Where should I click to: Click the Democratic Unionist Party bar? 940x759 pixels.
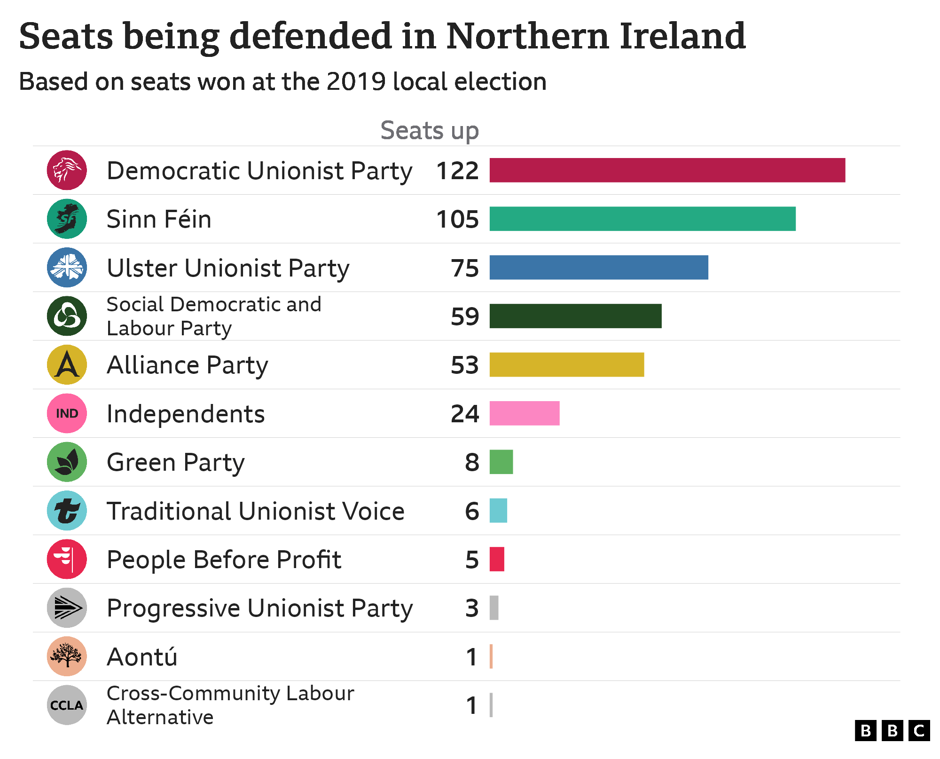(x=667, y=170)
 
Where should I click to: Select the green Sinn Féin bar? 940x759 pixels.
(x=642, y=219)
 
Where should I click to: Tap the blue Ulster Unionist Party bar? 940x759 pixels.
(x=598, y=268)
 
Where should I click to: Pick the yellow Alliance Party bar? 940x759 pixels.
(x=566, y=364)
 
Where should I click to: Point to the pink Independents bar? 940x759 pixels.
(x=524, y=413)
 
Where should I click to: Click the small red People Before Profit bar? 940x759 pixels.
(x=497, y=559)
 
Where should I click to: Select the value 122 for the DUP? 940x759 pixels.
(x=457, y=171)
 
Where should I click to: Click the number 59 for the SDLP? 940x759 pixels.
(x=464, y=316)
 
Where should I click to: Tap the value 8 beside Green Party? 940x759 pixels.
(x=472, y=462)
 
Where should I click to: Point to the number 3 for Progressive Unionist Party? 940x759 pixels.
(x=472, y=608)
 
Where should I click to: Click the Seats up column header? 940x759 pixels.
(x=429, y=130)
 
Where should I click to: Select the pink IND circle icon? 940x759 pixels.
(x=67, y=413)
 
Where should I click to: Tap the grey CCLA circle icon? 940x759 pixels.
(x=67, y=705)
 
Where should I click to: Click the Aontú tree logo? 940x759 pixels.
(x=67, y=656)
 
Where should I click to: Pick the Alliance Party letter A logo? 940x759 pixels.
(x=67, y=364)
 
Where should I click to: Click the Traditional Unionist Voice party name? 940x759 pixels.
(x=255, y=511)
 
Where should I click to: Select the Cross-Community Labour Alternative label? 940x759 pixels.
(x=230, y=705)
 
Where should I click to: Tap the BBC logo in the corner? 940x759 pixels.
(x=892, y=731)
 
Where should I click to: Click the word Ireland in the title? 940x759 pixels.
(x=682, y=36)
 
